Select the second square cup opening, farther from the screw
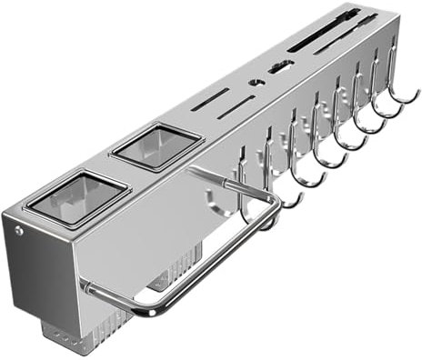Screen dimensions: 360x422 click(156, 145)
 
